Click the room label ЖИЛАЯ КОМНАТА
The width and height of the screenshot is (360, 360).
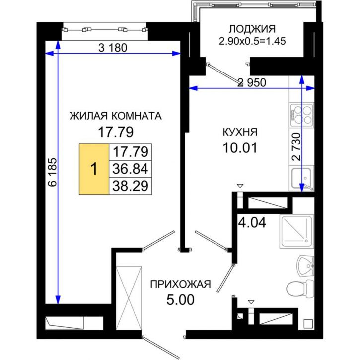point(115,116)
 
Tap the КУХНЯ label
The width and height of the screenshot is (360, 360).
point(240,132)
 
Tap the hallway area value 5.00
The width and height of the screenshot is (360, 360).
point(180,299)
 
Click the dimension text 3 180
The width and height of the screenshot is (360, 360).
point(113,48)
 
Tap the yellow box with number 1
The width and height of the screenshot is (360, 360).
point(94,169)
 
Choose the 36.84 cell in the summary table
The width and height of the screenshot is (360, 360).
point(131,169)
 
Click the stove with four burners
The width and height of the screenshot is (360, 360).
point(301,115)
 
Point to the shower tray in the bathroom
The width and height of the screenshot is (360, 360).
point(296,230)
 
